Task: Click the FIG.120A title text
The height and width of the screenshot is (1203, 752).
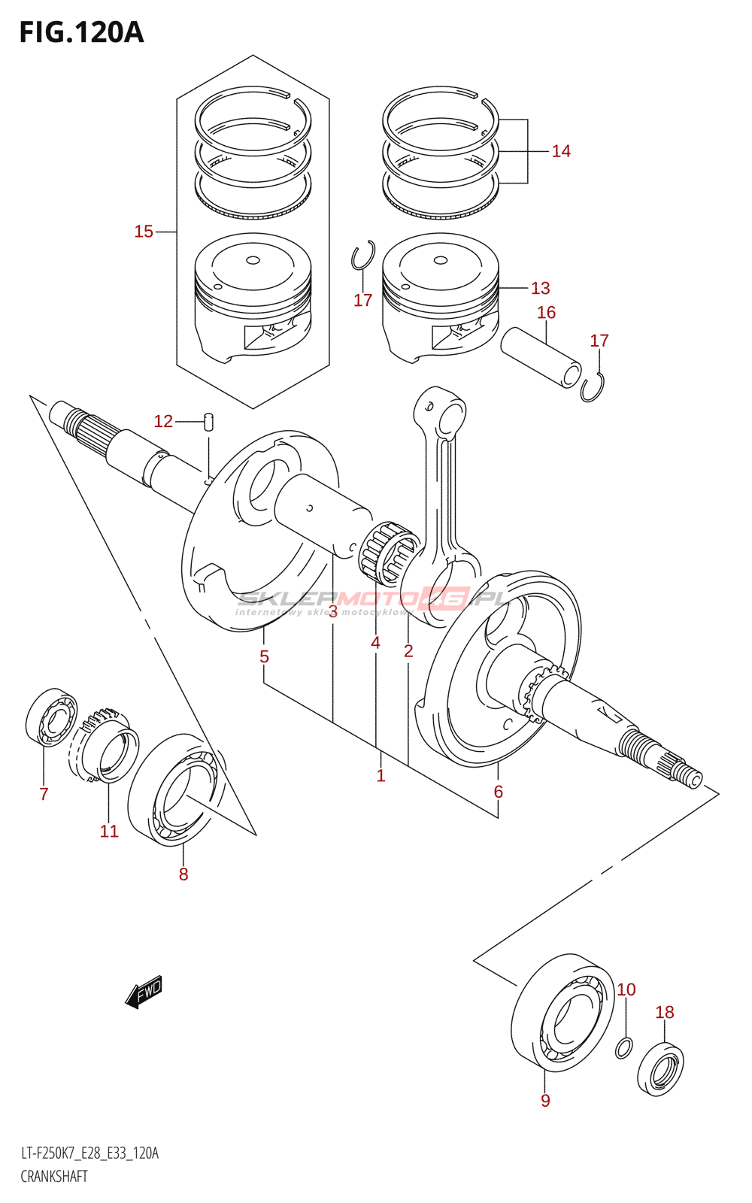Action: [81, 32]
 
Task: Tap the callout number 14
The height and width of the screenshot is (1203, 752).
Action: [561, 151]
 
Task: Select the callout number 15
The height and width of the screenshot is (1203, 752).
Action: [144, 232]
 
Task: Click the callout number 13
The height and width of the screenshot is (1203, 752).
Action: [540, 288]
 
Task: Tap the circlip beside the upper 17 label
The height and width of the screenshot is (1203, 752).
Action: [363, 256]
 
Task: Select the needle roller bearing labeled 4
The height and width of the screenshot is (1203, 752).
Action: [388, 554]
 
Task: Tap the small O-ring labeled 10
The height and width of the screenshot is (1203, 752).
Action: [623, 1047]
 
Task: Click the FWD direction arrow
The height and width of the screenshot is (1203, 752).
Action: [144, 992]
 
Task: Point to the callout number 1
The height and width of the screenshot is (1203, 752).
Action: [381, 775]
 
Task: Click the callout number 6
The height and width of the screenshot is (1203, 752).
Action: [498, 791]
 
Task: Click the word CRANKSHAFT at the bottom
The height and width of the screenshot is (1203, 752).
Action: [54, 1177]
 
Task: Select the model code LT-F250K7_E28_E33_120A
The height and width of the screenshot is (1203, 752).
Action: [89, 1153]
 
